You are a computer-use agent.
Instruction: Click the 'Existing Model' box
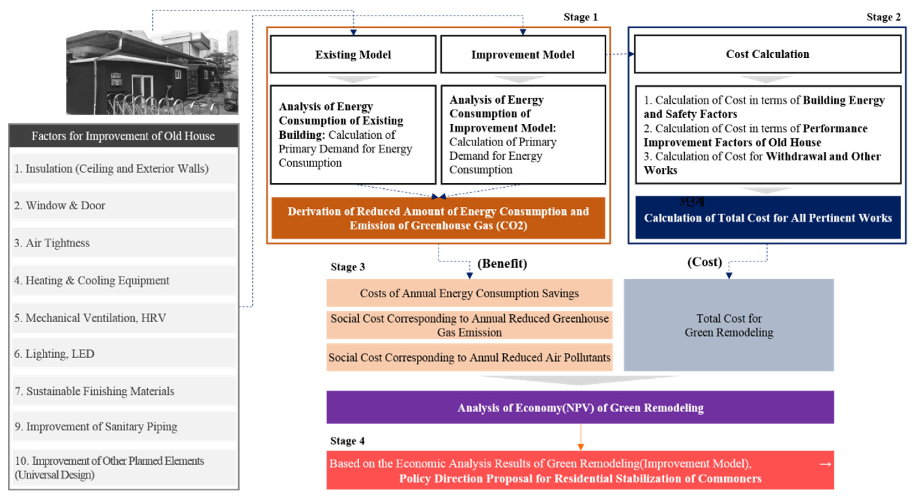point(353,54)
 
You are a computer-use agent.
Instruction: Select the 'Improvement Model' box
point(523,54)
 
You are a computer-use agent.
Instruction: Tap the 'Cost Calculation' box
point(767,54)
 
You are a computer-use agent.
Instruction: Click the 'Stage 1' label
point(580,17)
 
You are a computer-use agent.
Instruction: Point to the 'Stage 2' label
point(883,17)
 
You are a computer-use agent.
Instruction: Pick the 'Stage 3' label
point(347,266)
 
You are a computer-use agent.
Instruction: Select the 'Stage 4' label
point(347,440)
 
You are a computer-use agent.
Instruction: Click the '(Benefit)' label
point(502,263)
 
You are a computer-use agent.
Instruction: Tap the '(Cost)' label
point(704,262)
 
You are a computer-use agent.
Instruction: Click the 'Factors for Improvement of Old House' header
point(123,136)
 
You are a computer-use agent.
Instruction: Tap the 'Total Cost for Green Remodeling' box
point(729,325)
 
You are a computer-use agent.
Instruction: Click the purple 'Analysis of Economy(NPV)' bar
point(580,407)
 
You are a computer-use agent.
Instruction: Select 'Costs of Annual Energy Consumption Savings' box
point(469,293)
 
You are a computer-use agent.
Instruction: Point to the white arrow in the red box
point(825,464)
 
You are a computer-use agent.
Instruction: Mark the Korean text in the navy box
point(692,202)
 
